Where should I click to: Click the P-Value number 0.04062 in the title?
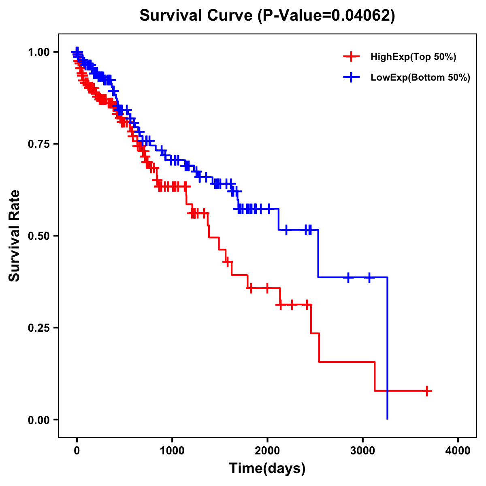click(361, 16)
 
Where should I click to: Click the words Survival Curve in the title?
click(196, 16)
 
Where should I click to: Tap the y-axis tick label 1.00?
click(38, 52)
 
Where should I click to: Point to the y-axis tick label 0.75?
click(38, 144)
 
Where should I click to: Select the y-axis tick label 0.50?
click(38, 236)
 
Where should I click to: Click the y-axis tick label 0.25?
click(38, 328)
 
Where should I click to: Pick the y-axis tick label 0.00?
click(38, 420)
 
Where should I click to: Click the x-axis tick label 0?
click(77, 451)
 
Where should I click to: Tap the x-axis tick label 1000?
click(172, 451)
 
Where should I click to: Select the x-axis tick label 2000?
click(267, 451)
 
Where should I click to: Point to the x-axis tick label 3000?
click(363, 451)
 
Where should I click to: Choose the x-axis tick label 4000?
click(458, 451)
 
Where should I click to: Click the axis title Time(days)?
click(267, 469)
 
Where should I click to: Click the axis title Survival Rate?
click(15, 236)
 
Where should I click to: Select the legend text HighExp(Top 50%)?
click(413, 57)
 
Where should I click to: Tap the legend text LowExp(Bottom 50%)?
click(420, 77)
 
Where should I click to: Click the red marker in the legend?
click(351, 57)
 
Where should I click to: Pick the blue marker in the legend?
click(351, 77)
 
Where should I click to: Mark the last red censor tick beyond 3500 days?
click(426, 391)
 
